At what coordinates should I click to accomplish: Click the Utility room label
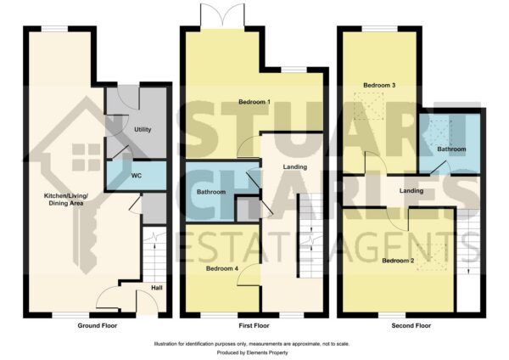click(143, 129)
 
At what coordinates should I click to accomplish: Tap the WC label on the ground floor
click(137, 176)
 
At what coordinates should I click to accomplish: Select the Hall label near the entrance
click(157, 288)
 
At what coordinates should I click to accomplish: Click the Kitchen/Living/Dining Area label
click(66, 200)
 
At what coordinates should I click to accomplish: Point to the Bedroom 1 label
click(255, 102)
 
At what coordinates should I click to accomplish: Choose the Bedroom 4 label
click(222, 268)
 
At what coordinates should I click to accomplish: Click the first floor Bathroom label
click(211, 192)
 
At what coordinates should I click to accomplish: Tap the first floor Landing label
click(294, 167)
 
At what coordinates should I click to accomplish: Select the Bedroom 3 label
click(379, 86)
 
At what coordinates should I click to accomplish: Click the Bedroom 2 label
click(398, 261)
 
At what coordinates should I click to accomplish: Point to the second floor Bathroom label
click(451, 149)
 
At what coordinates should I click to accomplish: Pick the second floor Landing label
click(411, 191)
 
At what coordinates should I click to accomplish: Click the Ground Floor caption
click(98, 325)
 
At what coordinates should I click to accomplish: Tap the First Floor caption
click(254, 325)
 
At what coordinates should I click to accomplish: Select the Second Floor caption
click(411, 325)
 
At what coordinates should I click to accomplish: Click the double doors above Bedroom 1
click(222, 16)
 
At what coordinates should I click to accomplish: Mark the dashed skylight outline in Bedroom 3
click(369, 106)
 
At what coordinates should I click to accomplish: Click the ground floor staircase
click(154, 255)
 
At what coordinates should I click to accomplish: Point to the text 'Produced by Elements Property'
click(252, 352)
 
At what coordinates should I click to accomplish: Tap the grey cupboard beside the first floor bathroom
click(248, 209)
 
